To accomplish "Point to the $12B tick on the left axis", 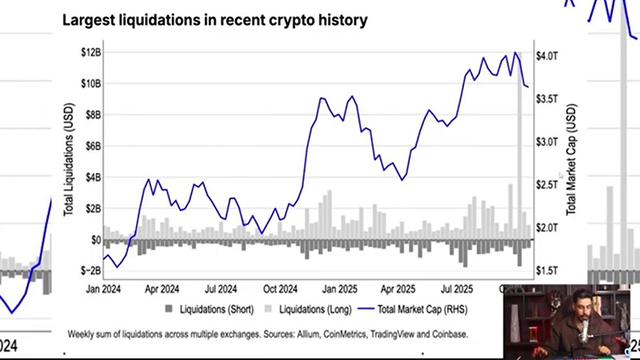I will [90, 52].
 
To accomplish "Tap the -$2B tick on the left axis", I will [90, 271].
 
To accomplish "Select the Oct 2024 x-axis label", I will [281, 289].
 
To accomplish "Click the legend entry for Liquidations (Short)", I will [210, 309].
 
